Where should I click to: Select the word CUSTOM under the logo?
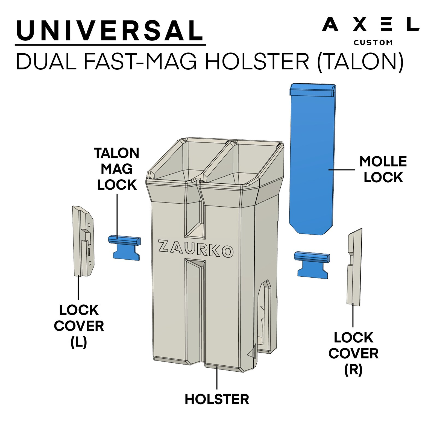point(373,43)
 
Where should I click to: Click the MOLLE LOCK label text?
point(383,169)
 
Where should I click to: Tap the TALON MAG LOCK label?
point(117,169)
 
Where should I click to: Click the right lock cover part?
point(354,268)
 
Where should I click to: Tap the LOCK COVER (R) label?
point(353,353)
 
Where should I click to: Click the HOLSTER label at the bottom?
point(217,399)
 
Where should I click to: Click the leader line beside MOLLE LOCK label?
point(342,170)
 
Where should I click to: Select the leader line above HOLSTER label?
point(217,379)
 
